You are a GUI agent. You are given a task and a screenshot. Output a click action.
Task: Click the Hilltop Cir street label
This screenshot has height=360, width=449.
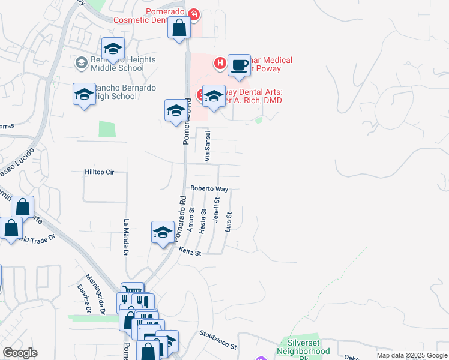click(x=99, y=172)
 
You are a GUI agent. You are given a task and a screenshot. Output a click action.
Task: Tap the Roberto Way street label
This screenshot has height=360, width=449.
click(x=209, y=188)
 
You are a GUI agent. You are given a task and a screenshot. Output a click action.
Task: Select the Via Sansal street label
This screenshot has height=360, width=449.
click(x=208, y=146)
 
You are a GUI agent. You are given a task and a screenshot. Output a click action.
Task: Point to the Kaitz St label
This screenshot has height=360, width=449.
click(x=189, y=253)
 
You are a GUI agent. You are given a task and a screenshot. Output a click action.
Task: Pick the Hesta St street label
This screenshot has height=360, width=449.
click(x=203, y=220)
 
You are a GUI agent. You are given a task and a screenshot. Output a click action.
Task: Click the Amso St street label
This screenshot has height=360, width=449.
click(x=191, y=220)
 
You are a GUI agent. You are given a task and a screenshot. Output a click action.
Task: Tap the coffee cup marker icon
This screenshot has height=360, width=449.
click(x=239, y=65)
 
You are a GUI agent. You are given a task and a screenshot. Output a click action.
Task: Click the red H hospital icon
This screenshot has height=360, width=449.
click(x=220, y=62)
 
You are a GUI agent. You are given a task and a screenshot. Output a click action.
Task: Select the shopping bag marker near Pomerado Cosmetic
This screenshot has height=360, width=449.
click(x=179, y=28)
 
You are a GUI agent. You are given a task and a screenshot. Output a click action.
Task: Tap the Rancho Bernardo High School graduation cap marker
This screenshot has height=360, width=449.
click(x=85, y=94)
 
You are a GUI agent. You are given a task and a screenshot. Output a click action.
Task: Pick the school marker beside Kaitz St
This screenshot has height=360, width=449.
click(x=163, y=232)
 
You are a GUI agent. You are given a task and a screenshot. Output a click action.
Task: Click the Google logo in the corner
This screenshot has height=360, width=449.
click(x=20, y=353)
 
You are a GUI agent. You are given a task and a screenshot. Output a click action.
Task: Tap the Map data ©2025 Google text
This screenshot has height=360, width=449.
click(x=411, y=355)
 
